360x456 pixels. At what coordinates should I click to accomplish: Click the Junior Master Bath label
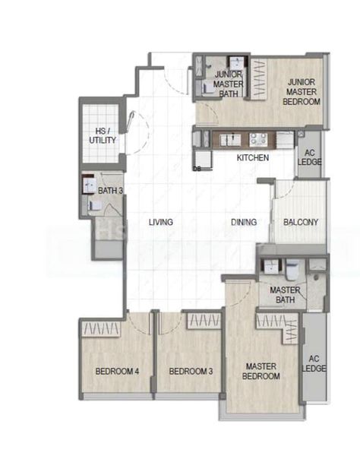[228, 84]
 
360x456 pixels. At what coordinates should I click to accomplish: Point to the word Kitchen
[252, 158]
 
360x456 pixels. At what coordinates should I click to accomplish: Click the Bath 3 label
[110, 190]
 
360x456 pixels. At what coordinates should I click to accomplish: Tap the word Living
[160, 222]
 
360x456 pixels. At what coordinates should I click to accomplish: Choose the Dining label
[244, 222]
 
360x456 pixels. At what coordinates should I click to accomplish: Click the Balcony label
[300, 222]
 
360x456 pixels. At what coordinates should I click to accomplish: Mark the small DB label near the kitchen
[197, 169]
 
